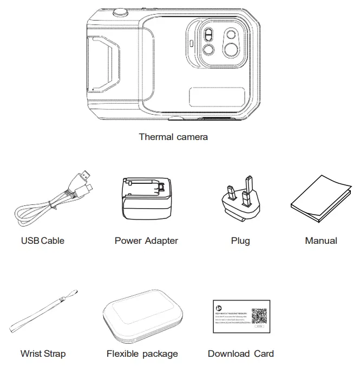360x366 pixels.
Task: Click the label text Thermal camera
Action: (173, 137)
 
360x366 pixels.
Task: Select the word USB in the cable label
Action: (30, 241)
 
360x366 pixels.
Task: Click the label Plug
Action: (240, 241)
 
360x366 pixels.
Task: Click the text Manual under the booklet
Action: (321, 241)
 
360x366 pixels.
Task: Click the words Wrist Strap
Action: (43, 354)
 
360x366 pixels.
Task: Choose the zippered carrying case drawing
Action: (141, 319)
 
